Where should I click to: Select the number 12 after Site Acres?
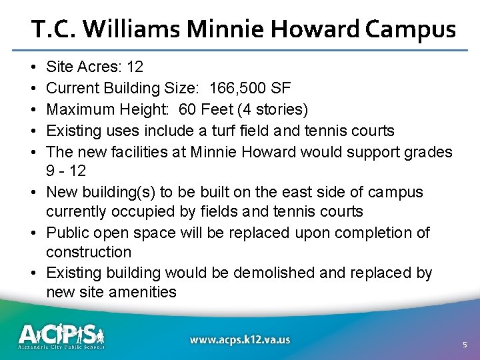click(x=134, y=67)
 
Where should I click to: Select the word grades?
click(x=429, y=151)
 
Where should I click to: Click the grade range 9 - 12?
click(x=66, y=171)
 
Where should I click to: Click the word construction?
click(x=89, y=252)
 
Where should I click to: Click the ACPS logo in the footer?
click(x=61, y=336)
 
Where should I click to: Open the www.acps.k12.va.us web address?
click(x=240, y=340)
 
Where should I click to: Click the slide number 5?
click(x=465, y=345)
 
